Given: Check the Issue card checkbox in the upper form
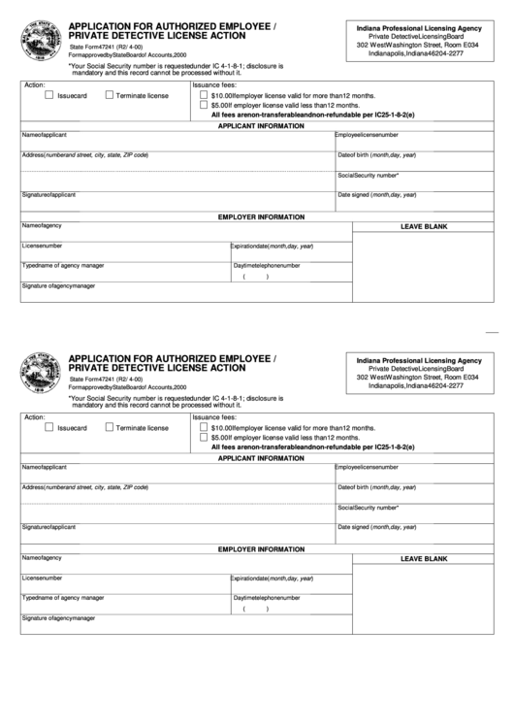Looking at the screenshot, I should (48, 95).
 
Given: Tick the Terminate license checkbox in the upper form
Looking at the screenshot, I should (109, 95).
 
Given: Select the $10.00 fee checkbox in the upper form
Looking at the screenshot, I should (203, 96).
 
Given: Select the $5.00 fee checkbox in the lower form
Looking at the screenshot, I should (203, 437).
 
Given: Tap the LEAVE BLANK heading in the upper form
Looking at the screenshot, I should (424, 226).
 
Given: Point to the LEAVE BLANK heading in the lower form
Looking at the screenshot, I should (424, 558).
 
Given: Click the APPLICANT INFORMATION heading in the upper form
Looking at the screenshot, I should (261, 126).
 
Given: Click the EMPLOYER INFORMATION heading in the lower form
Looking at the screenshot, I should (261, 548).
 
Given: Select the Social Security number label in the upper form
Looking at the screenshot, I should (368, 175).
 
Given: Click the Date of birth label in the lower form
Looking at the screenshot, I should (376, 486).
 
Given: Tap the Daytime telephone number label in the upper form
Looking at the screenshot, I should (266, 265).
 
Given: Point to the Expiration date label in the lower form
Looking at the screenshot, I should (272, 578).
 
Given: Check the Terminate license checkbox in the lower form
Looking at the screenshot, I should (109, 426).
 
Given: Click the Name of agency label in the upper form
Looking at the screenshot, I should (42, 225).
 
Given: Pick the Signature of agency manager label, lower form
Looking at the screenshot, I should (58, 617).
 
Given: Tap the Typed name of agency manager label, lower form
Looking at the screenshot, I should (63, 597).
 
